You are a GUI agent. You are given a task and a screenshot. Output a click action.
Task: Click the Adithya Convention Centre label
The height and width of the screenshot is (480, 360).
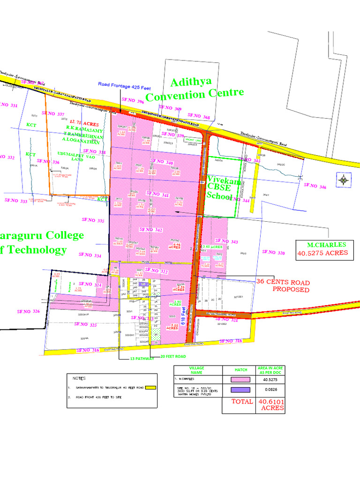click(x=194, y=90)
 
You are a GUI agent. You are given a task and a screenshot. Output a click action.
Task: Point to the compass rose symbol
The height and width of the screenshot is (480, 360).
click(x=345, y=179)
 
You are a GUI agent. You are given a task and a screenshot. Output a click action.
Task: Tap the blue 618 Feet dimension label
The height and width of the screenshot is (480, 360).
click(x=190, y=315)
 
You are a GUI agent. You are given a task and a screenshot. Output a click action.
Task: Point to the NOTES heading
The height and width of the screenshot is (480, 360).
click(x=79, y=378)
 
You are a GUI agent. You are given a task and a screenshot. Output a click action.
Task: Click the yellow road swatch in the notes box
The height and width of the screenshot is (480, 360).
click(x=150, y=388)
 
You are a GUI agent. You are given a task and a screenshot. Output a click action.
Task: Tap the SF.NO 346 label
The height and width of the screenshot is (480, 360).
click(x=315, y=186)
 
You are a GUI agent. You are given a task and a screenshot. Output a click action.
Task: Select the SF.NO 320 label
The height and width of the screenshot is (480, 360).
click(x=273, y=252)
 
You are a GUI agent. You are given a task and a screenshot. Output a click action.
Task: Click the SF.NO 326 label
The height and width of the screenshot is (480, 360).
click(x=29, y=311)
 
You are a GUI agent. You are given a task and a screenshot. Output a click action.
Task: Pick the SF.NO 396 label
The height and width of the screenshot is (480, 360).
click(x=133, y=100)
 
